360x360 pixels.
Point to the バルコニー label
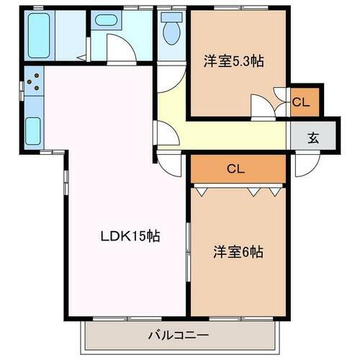pyautogui.click(x=179, y=335)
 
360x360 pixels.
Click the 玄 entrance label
pyautogui.click(x=313, y=138)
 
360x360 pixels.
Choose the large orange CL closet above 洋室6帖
pyautogui.click(x=237, y=170)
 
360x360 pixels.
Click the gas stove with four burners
pyautogui.click(x=32, y=84)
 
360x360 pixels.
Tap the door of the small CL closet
pyautogui.click(x=281, y=94)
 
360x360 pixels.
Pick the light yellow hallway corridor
pyautogui.click(x=223, y=135)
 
